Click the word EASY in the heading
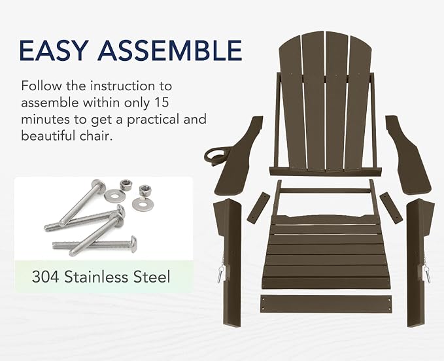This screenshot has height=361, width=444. tap(52, 50)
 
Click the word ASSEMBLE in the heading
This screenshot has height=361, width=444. tap(170, 50)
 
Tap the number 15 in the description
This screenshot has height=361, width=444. tap(162, 102)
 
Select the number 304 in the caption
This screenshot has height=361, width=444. tap(46, 277)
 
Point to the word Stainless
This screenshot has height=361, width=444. tap(97, 277)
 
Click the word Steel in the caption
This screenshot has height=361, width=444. tap(152, 277)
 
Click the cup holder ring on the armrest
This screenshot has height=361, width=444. tap(214, 155)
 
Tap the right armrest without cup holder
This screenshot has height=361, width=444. tap(408, 154)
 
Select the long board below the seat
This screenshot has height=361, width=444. tap(326, 304)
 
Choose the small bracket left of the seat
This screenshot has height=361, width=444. tap(258, 207)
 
